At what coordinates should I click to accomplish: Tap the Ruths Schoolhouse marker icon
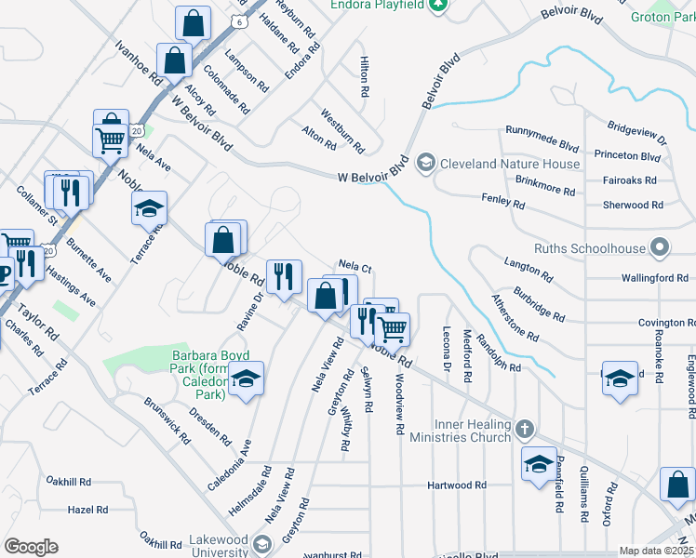pos(660,248)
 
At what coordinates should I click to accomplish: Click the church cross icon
pos(525,430)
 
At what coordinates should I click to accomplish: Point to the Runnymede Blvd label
pos(542,141)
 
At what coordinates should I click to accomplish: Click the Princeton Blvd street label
pos(627,155)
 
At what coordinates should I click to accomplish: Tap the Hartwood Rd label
pos(457,485)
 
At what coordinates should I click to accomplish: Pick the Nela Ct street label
pos(355,268)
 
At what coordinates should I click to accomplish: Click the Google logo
pos(31,547)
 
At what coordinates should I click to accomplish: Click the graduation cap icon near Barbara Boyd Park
pos(247,379)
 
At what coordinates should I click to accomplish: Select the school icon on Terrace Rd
pos(148,209)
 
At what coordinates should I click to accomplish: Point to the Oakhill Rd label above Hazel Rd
pos(70,482)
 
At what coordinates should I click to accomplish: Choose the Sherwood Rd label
pos(633,205)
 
